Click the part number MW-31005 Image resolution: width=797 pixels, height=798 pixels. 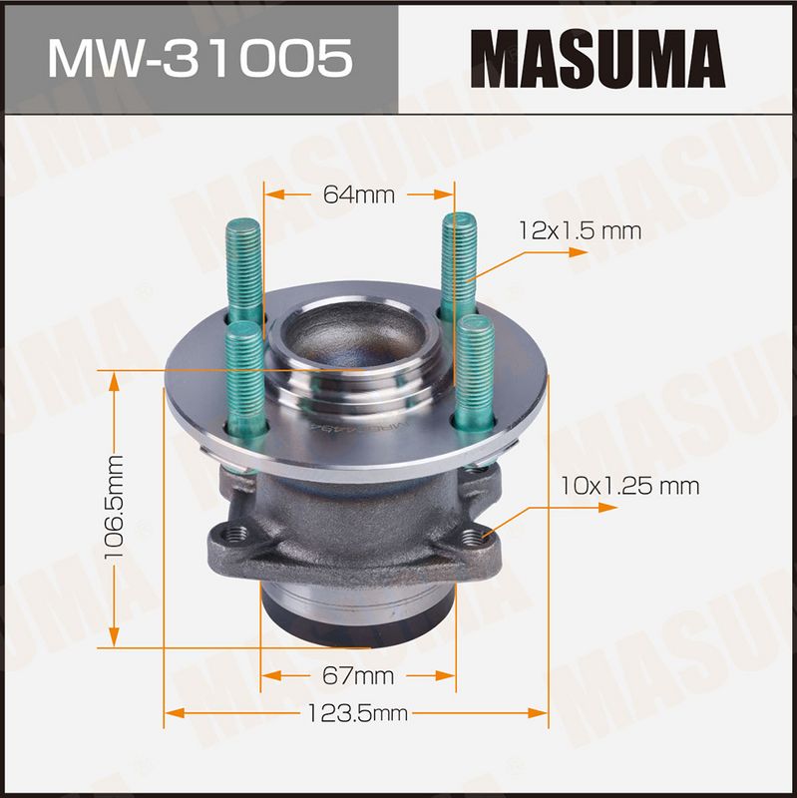pyautogui.click(x=200, y=59)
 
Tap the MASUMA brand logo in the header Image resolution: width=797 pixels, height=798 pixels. pyautogui.click(x=597, y=59)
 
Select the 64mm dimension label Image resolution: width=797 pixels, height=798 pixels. pyautogui.click(x=359, y=195)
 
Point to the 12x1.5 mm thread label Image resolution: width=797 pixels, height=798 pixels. pyautogui.click(x=580, y=231)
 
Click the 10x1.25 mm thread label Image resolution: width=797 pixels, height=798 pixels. pyautogui.click(x=629, y=486)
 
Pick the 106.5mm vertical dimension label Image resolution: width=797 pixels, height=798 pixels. pyautogui.click(x=114, y=507)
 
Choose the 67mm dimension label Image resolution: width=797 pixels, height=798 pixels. pyautogui.click(x=358, y=676)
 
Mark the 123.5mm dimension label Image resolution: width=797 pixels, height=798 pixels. pyautogui.click(x=357, y=713)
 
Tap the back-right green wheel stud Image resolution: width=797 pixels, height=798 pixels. pyautogui.click(x=459, y=267)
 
